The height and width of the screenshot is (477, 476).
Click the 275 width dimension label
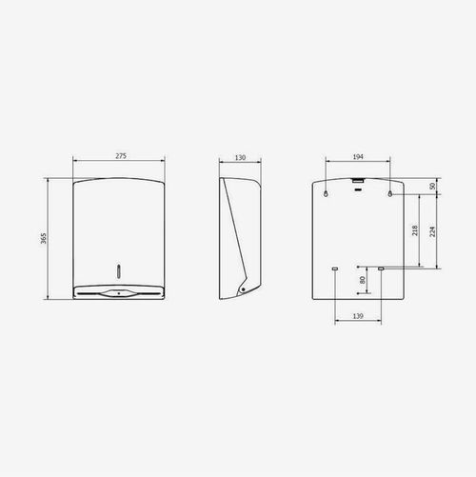121,156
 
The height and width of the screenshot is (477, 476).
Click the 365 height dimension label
44,238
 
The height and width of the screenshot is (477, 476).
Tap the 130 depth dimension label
240,157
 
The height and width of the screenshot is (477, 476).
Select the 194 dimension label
358,157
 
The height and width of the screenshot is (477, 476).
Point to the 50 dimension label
432,187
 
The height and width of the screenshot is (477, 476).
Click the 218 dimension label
415,230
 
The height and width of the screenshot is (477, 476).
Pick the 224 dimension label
432,231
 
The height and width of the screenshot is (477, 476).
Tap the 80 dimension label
363,280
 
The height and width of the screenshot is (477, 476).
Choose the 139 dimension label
358,316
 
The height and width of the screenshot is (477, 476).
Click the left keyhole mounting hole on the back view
326,193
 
